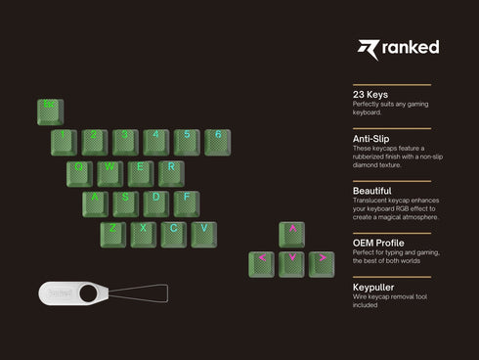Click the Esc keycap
point(48,109)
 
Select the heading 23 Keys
point(370,95)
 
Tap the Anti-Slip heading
point(374,139)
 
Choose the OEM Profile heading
point(379,242)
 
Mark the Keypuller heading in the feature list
point(375,286)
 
